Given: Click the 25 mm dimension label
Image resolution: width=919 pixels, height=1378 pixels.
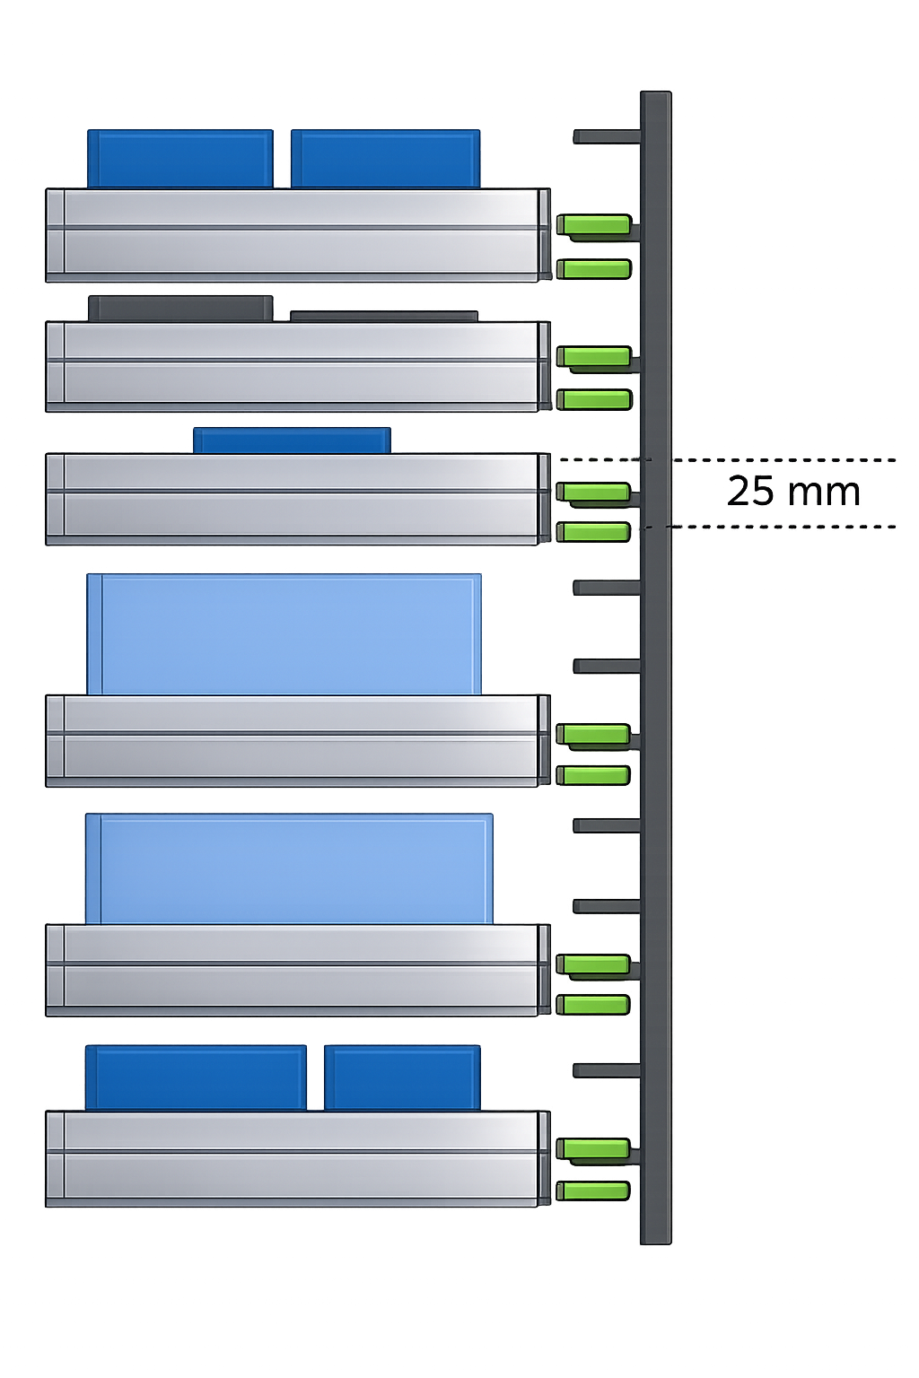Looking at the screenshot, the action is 793,492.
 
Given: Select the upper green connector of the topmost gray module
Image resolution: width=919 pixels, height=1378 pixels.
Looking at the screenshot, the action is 594,224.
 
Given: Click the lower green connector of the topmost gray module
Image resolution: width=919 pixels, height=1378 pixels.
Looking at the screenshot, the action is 594,268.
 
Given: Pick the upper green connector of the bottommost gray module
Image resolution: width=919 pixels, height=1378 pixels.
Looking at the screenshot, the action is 593,1148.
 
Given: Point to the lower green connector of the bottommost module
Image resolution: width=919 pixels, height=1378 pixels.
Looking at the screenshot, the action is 593,1191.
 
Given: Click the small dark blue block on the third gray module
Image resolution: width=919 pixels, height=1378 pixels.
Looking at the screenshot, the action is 292,440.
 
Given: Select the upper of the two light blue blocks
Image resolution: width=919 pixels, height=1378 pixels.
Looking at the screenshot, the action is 284,634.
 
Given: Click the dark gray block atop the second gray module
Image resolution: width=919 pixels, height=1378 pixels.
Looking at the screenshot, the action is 180,309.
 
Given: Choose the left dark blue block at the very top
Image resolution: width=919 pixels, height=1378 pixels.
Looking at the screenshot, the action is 181,159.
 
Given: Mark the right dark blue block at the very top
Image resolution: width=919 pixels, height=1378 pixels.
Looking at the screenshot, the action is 386,159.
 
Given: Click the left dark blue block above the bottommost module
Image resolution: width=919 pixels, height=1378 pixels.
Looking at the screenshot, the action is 197,1077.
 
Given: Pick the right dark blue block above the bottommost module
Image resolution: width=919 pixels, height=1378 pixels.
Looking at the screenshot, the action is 401,1077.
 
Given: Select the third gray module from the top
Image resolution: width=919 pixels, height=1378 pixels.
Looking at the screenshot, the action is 297,499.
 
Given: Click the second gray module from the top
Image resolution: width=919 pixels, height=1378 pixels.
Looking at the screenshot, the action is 297,366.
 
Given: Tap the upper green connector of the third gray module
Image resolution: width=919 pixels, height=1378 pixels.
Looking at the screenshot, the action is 593,492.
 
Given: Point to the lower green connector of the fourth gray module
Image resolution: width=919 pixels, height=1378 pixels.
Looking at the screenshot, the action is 593,775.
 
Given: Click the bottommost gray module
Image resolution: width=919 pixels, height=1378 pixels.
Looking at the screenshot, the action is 297,1158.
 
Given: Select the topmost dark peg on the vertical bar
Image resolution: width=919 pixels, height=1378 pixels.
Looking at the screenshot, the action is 606,137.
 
